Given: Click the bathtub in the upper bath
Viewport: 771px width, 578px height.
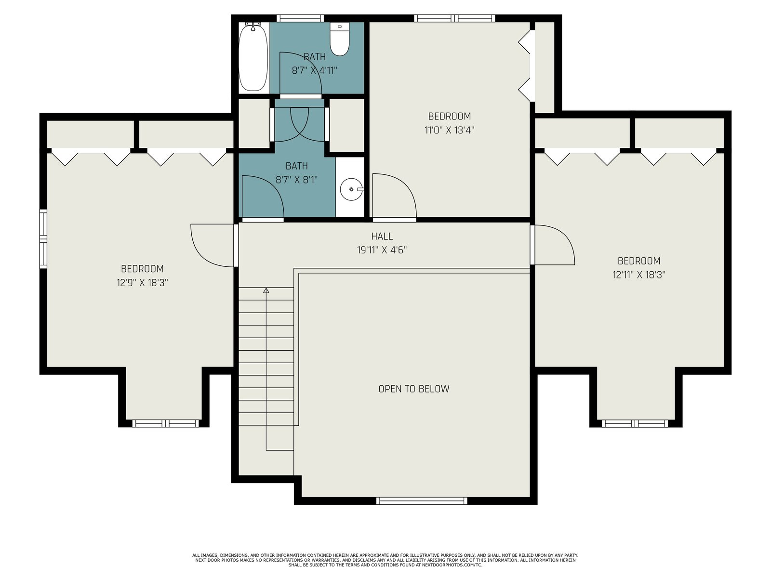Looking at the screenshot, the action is (253, 57).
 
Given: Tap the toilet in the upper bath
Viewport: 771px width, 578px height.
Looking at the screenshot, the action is (340, 39).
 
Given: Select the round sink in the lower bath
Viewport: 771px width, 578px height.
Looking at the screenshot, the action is (352, 189).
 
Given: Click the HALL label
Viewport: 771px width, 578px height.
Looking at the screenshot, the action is (382, 236).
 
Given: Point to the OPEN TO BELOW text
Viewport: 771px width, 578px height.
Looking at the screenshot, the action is (414, 389).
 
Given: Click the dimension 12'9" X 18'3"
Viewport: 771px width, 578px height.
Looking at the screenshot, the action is (142, 283).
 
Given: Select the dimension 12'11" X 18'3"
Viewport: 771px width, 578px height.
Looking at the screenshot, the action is (639, 275).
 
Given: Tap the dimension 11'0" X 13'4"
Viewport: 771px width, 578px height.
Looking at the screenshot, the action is (449, 130).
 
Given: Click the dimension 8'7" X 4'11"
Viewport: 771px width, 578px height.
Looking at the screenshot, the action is (314, 70).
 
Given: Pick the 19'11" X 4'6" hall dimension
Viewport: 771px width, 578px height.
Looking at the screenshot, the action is (382, 250).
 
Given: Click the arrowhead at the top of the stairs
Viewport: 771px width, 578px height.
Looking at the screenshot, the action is (266, 290).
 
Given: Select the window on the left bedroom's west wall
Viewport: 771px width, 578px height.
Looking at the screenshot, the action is (43, 238).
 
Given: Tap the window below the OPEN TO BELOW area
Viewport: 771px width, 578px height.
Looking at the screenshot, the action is (422, 500).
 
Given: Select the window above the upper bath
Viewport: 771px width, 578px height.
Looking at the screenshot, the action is (300, 18).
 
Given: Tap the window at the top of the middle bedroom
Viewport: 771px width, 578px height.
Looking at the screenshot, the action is (454, 18).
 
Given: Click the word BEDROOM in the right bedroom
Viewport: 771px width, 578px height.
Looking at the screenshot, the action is (639, 261).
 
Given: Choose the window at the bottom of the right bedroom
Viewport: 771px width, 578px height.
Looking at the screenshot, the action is (635, 423).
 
